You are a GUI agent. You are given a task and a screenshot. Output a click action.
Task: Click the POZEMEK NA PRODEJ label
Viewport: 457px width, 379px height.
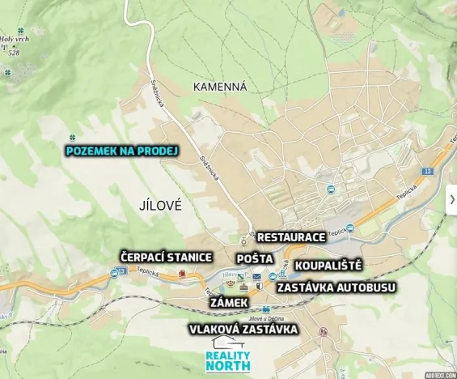[x=121, y=151]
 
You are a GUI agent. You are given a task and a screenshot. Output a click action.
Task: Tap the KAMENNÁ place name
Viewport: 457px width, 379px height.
[x=220, y=86]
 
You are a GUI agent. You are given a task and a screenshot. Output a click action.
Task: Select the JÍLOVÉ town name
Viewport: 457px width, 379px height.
[x=153, y=206]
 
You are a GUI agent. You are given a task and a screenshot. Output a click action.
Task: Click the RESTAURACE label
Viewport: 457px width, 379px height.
[x=290, y=236]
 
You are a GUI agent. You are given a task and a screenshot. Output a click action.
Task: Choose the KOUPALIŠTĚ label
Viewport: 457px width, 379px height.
[x=328, y=265]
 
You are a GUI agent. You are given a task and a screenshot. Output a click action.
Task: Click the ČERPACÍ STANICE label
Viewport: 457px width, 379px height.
[x=166, y=257]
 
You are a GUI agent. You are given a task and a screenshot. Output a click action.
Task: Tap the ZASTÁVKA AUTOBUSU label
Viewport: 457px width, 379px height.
[x=336, y=287]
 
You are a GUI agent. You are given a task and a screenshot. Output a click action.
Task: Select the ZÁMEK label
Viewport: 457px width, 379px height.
[x=229, y=301]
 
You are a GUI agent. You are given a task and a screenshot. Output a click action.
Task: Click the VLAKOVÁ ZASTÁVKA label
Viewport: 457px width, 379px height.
[x=243, y=329]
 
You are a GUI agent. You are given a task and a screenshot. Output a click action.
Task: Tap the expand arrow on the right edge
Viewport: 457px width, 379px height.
[x=451, y=199]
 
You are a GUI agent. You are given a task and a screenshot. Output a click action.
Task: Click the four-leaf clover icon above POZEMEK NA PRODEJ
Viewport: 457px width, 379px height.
[x=72, y=137]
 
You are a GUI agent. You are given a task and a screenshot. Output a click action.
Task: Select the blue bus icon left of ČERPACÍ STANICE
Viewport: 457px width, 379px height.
[x=114, y=273]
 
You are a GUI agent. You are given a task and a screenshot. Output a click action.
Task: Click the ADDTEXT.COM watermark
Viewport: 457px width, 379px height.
[x=441, y=375]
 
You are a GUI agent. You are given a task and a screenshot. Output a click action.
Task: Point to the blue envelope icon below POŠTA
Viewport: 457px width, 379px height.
[x=257, y=277]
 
